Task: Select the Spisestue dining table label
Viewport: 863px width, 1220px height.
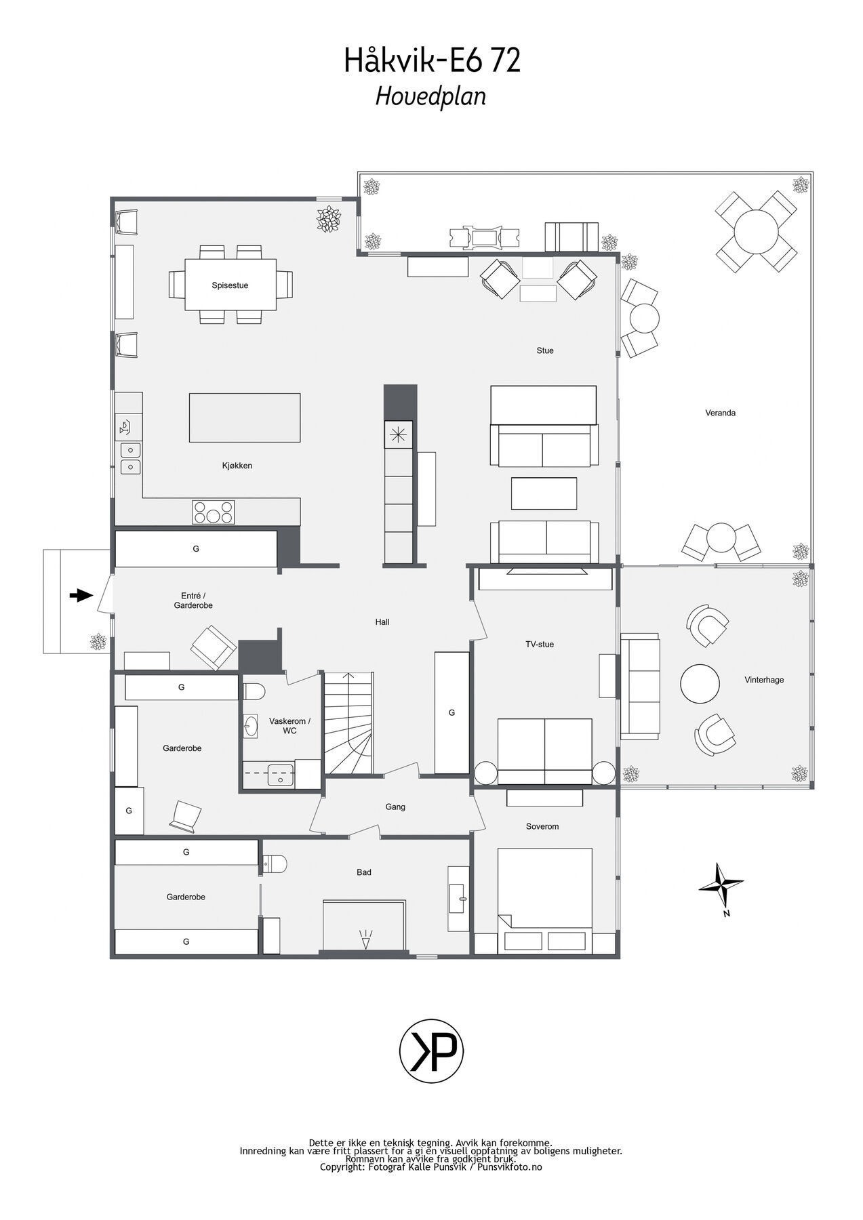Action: click(230, 285)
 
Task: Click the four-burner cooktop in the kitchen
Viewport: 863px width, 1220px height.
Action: click(214, 512)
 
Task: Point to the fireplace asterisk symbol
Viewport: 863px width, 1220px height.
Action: click(398, 434)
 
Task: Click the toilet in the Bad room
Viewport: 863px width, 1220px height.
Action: click(275, 863)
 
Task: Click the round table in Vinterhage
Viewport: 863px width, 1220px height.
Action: click(700, 684)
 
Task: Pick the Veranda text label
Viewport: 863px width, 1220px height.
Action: click(720, 413)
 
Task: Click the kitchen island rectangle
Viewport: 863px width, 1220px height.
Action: click(245, 418)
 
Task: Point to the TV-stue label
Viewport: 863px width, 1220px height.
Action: click(540, 644)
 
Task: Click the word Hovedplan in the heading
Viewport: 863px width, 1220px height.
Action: click(431, 97)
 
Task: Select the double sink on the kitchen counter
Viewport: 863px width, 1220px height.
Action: click(131, 458)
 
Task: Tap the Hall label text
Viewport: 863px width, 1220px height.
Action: click(382, 622)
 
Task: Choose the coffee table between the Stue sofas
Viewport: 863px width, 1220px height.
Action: click(544, 493)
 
